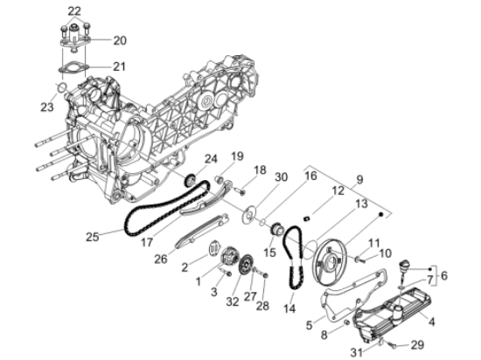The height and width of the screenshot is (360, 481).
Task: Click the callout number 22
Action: (74, 10)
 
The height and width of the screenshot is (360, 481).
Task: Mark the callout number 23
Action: (46, 107)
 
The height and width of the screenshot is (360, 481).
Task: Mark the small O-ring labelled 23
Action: (59, 86)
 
